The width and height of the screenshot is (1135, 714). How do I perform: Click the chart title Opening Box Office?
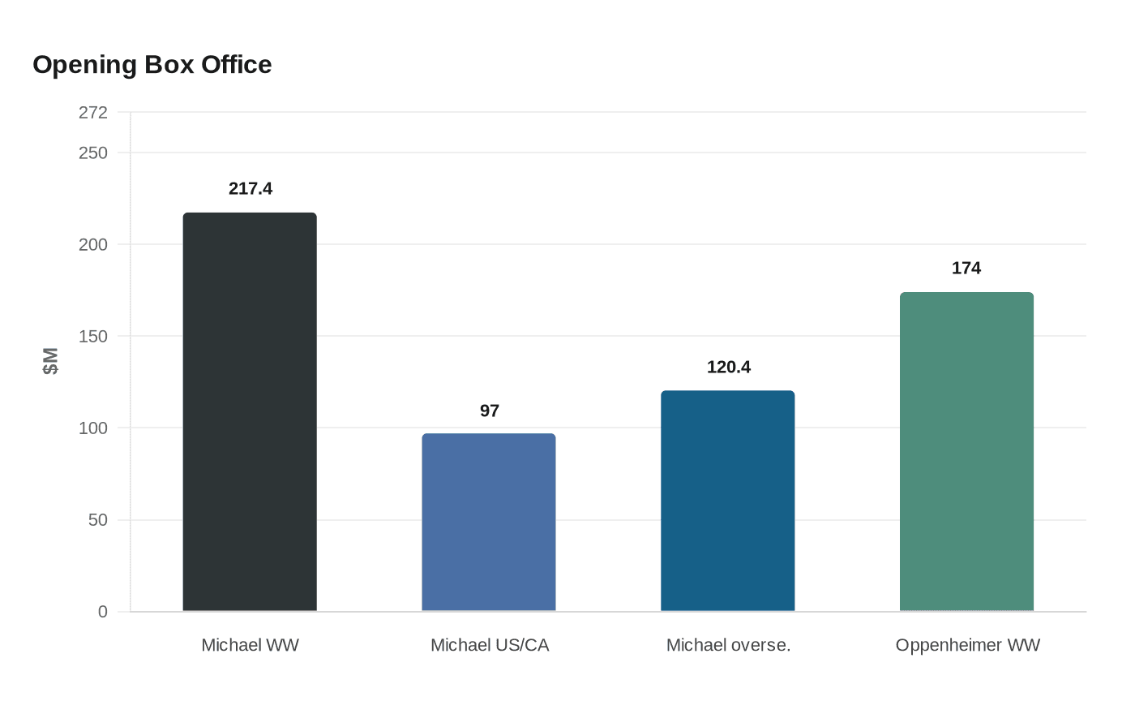pyautogui.click(x=152, y=65)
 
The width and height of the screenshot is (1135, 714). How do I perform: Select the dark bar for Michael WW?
pyautogui.click(x=250, y=412)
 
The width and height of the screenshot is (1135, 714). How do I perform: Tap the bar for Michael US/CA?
pyautogui.click(x=489, y=523)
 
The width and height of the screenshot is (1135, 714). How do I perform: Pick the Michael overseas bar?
pyautogui.click(x=728, y=501)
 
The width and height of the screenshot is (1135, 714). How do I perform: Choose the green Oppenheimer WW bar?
pyautogui.click(x=966, y=451)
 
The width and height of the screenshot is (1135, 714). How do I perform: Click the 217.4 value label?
pyautogui.click(x=251, y=189)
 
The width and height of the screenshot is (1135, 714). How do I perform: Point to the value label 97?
pyautogui.click(x=490, y=411)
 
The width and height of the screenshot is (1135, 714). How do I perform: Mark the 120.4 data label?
pyautogui.click(x=729, y=368)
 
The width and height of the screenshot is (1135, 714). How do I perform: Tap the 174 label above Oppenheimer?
pyautogui.click(x=966, y=269)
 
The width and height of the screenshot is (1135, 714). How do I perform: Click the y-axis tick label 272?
pyautogui.click(x=93, y=113)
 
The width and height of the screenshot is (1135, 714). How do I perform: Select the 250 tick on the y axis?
pyautogui.click(x=93, y=153)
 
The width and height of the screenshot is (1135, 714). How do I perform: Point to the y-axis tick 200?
pyautogui.click(x=93, y=245)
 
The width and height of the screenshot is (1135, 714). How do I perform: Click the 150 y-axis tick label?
pyautogui.click(x=93, y=337)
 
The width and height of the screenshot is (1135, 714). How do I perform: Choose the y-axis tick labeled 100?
pyautogui.click(x=93, y=428)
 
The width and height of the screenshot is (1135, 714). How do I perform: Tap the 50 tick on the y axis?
pyautogui.click(x=98, y=520)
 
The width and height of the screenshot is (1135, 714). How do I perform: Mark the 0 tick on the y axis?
pyautogui.click(x=103, y=612)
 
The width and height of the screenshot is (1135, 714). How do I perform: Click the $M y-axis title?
pyautogui.click(x=51, y=362)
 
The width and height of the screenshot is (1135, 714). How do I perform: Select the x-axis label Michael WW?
pyautogui.click(x=250, y=646)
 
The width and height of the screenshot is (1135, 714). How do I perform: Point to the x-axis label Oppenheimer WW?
pyautogui.click(x=967, y=646)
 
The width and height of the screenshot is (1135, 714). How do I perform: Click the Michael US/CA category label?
pyautogui.click(x=490, y=646)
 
